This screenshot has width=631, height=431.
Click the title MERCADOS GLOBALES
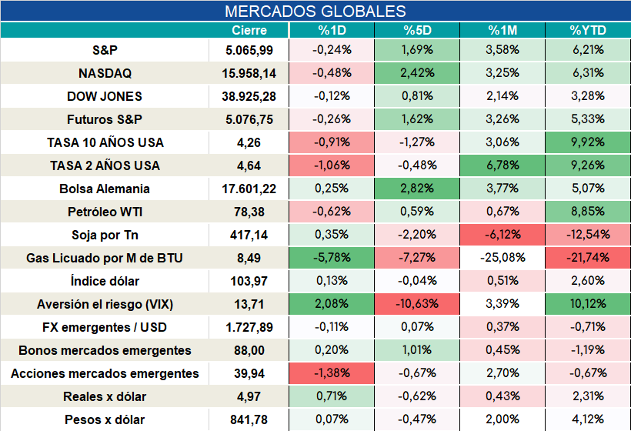pyautogui.click(x=315, y=12)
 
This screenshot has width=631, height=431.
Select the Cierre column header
pyautogui.click(x=249, y=30)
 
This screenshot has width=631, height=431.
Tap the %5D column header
pyautogui.click(x=417, y=30)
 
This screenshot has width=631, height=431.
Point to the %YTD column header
pyautogui.click(x=588, y=30)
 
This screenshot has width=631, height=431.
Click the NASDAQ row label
pyautogui.click(x=105, y=73)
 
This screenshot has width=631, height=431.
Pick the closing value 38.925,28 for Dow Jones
pyautogui.click(x=249, y=96)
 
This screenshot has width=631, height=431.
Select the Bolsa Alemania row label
pyautogui.click(x=104, y=189)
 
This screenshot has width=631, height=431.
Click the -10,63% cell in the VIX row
pyautogui.click(x=417, y=304)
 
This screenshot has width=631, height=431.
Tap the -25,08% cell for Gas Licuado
pyautogui.click(x=502, y=258)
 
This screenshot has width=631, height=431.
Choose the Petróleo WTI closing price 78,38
pyautogui.click(x=249, y=212)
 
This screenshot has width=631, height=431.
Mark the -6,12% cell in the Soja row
pyautogui.click(x=502, y=235)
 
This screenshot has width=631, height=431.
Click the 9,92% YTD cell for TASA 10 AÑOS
pyautogui.click(x=588, y=142)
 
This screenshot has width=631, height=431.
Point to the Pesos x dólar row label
pyautogui.click(x=105, y=419)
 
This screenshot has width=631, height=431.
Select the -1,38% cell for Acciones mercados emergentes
pyautogui.click(x=332, y=373)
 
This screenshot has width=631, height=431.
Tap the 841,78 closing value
pyautogui.click(x=249, y=419)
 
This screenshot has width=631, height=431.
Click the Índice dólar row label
pyautogui.click(x=105, y=281)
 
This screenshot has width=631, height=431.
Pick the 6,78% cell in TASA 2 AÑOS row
pyautogui.click(x=502, y=165)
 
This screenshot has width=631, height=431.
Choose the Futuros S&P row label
pyautogui.click(x=105, y=119)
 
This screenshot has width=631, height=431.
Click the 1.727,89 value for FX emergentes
pyautogui.click(x=249, y=327)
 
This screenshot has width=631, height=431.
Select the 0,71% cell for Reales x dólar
pyautogui.click(x=332, y=396)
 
